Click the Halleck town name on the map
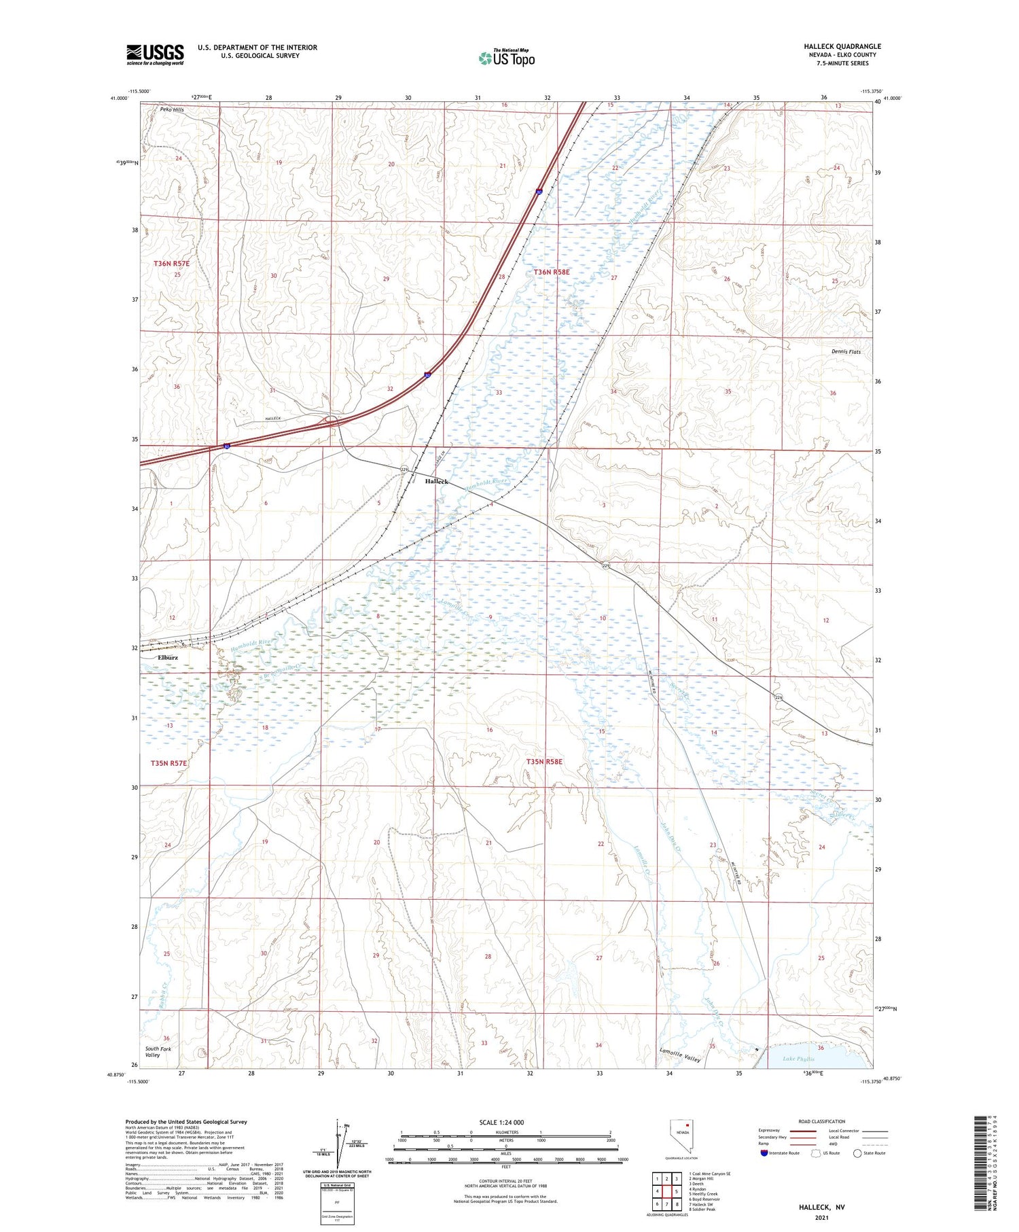436,481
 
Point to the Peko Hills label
172,109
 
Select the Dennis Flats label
846,351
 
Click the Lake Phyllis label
798,1059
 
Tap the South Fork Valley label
158,1052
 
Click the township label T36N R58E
552,272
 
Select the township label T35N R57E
168,763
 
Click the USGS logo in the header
155,54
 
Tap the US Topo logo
506,58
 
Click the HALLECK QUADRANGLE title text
842,46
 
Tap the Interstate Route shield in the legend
764,1153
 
